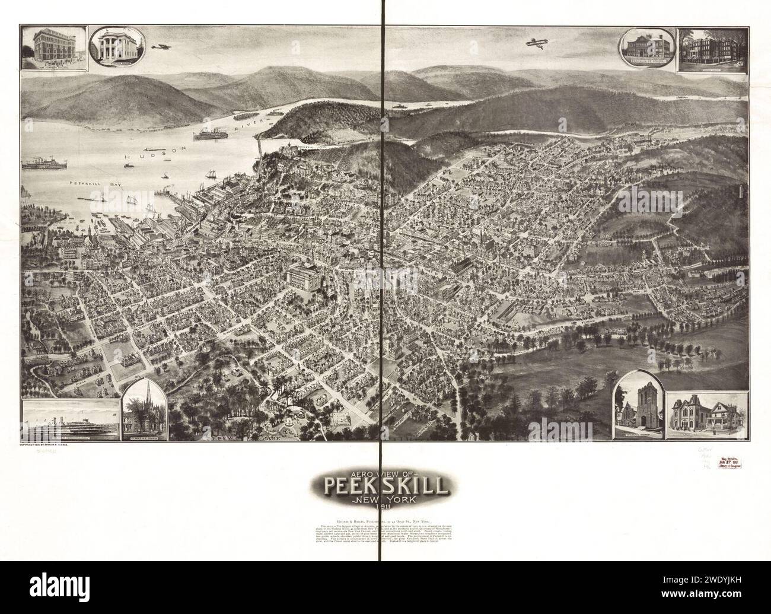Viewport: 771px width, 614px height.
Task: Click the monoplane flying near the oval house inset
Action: point(159,46)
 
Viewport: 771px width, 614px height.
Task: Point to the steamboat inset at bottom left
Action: point(69,421)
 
